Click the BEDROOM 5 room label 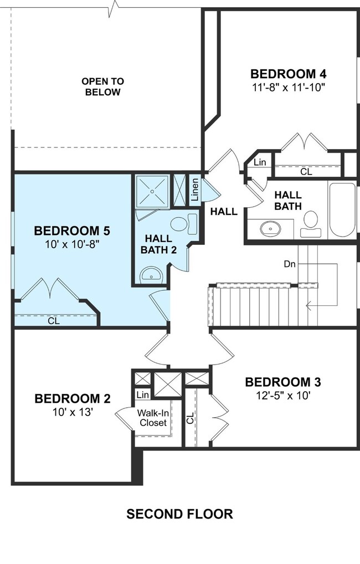[72, 230]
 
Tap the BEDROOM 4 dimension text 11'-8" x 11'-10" [289, 88]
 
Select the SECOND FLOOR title [179, 514]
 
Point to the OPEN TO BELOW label [102, 86]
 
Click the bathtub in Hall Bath [342, 210]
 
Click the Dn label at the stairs [290, 264]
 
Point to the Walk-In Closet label [153, 418]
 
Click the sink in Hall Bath [270, 228]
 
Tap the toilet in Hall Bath [311, 224]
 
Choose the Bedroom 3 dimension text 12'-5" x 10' [284, 396]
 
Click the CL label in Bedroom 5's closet [54, 320]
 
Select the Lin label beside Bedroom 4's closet [260, 162]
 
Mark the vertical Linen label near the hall [194, 189]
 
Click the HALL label [224, 212]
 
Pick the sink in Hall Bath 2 [152, 275]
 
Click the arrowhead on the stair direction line [308, 306]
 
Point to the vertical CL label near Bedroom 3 [191, 418]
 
